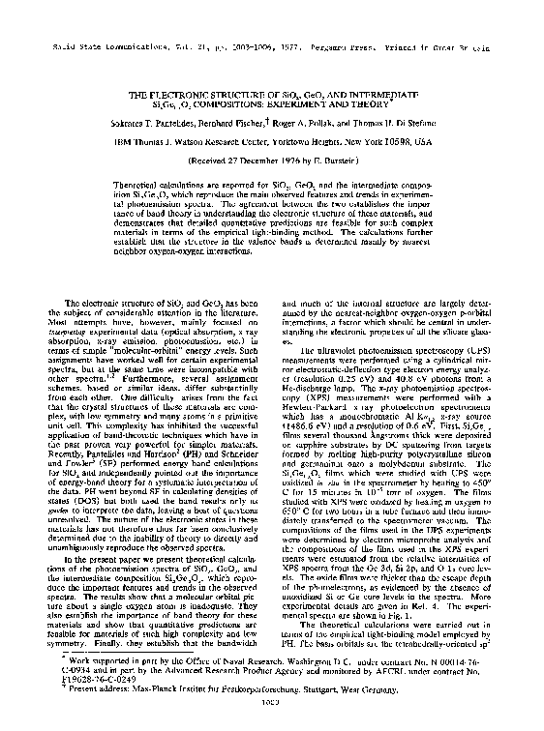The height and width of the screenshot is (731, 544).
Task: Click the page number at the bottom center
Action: click(x=271, y=716)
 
